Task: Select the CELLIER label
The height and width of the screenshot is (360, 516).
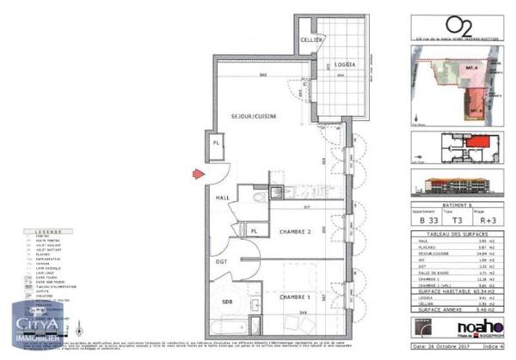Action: [x=310, y=41]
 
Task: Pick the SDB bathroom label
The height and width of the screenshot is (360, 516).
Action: [x=228, y=302]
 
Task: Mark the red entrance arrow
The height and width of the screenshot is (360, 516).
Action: [x=198, y=174]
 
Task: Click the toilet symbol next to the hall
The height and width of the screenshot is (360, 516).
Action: [x=259, y=198]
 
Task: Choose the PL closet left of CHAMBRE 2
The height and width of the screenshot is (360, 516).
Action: [x=255, y=230]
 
